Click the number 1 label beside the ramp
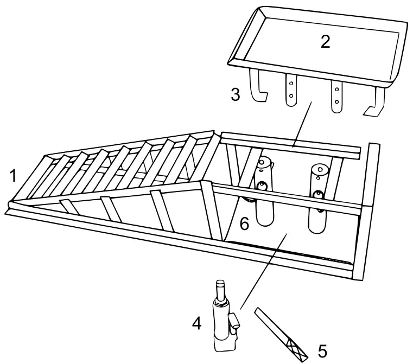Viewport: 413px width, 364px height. tap(12, 175)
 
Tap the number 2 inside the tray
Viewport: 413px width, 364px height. tap(325, 42)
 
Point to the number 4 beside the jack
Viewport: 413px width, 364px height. tap(197, 324)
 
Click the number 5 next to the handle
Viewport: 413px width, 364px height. tap(322, 351)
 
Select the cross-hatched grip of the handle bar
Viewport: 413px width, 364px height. tap(297, 349)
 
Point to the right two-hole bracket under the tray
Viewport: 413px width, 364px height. tap(338, 95)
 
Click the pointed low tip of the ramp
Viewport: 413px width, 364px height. tap(9, 207)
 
